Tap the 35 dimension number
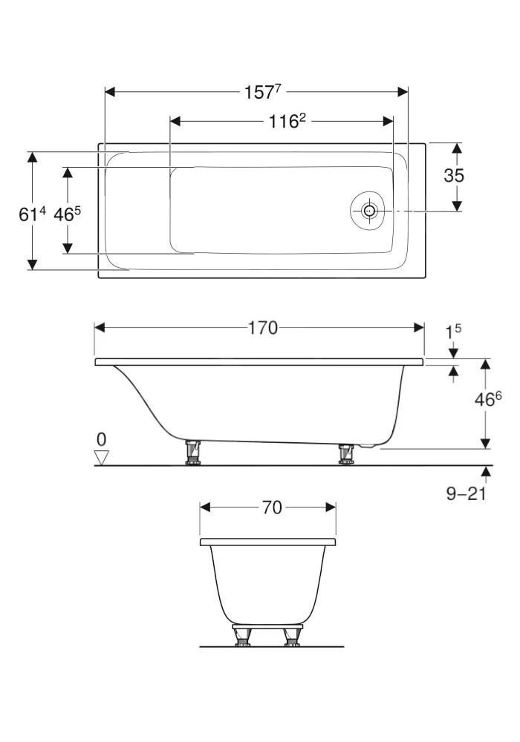(454, 176)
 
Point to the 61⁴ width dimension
(32, 214)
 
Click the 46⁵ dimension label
(68, 214)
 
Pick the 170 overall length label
(262, 327)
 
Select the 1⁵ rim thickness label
(453, 331)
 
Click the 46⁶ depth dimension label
(487, 399)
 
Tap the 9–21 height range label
(466, 493)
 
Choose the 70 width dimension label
(272, 508)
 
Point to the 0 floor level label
(101, 439)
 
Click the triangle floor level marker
(102, 458)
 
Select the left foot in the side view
(194, 453)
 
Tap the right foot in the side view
(345, 453)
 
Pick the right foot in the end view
(291, 636)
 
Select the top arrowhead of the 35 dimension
(457, 148)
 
